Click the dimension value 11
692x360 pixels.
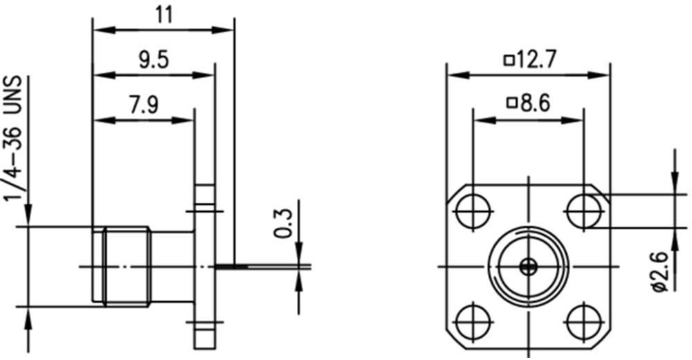(163, 15)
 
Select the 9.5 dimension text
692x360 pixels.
(154, 60)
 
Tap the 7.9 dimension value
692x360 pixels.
(143, 105)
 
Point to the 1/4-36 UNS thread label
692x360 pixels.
(13, 138)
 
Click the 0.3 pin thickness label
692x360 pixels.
(283, 224)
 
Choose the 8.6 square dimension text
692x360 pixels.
(529, 103)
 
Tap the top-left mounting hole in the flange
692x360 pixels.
(473, 212)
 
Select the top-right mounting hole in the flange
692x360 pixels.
(584, 212)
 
